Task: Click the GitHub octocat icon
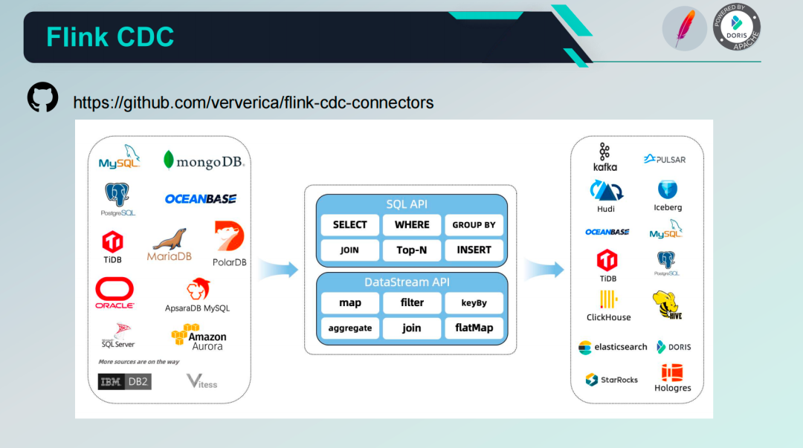point(42,97)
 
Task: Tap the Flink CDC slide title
point(110,36)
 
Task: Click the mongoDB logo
point(203,160)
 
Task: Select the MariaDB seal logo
point(170,244)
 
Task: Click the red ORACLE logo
point(115,292)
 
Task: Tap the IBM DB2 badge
point(124,382)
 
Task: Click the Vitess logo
point(201,382)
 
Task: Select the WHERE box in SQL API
point(412,225)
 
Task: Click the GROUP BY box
point(474,225)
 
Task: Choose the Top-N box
point(412,250)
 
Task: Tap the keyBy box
point(474,303)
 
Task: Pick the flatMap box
point(474,328)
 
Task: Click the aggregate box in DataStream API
point(350,328)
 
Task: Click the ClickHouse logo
point(608,305)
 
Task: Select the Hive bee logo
point(666,305)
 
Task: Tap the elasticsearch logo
point(613,347)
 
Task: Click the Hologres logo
point(672,378)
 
